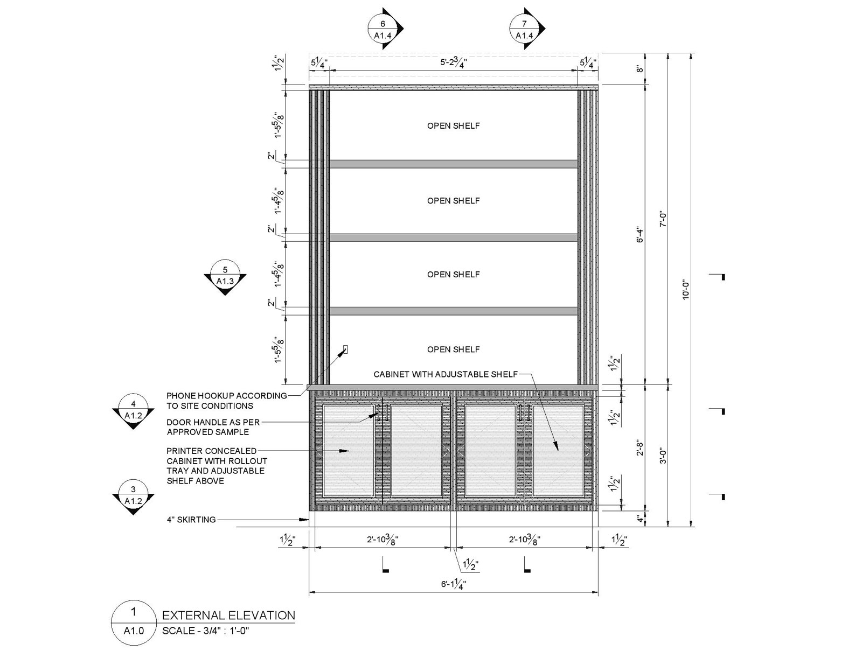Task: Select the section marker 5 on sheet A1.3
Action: tap(225, 276)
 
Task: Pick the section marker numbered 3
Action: tap(133, 495)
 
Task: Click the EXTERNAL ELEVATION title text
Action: tap(228, 615)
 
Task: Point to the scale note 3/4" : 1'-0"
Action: tap(206, 631)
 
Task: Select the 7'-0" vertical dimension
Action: tap(663, 219)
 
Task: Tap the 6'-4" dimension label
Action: tap(639, 234)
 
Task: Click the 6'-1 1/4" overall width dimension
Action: tap(453, 585)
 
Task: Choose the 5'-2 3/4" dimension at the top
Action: tap(453, 62)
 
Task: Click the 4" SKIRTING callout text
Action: tap(191, 520)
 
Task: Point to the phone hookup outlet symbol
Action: tap(345, 349)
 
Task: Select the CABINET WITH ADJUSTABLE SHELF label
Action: tap(446, 374)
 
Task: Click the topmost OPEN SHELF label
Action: tap(454, 125)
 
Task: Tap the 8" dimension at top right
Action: tap(639, 69)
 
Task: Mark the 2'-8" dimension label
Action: tap(639, 447)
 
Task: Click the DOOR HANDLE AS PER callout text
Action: tap(213, 423)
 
